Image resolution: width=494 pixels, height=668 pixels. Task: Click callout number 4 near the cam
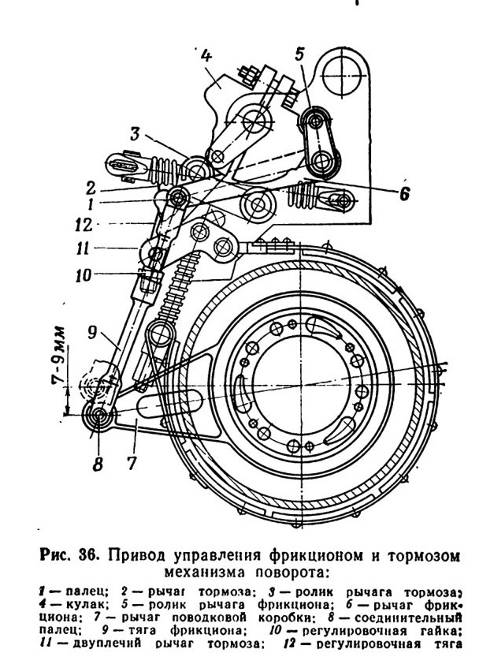(205, 56)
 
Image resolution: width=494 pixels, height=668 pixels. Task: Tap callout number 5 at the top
(300, 54)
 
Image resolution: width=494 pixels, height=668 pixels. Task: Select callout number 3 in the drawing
(135, 134)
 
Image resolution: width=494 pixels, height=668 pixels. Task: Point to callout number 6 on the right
(404, 194)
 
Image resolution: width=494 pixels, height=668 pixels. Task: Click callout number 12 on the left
(84, 225)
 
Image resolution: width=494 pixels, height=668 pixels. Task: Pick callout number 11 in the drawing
(82, 248)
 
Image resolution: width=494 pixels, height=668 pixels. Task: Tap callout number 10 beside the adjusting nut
(84, 274)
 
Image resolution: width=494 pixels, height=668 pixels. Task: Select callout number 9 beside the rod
(93, 333)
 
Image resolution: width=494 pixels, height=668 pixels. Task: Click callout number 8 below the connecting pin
(98, 463)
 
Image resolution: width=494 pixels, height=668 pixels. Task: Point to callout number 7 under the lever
(132, 462)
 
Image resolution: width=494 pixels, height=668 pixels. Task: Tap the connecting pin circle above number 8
(99, 414)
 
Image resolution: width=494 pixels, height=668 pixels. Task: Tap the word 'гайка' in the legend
(440, 630)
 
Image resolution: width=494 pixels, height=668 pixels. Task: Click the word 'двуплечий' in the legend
(106, 644)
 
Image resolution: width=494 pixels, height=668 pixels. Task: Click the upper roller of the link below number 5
(315, 121)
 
